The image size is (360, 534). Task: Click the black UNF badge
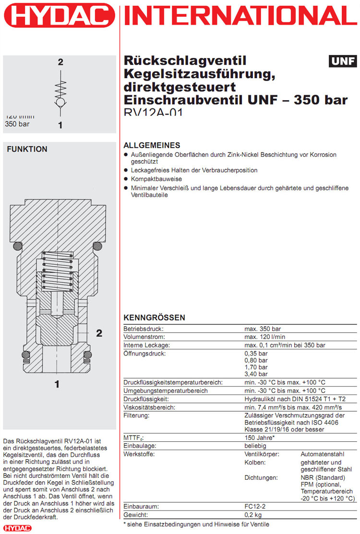click(x=343, y=61)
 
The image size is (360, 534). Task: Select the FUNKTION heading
click(x=27, y=149)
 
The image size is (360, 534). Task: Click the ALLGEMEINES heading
click(x=152, y=145)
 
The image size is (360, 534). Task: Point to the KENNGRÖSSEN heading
click(x=154, y=318)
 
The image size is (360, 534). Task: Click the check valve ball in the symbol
click(x=60, y=103)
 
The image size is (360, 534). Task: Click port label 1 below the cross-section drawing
click(x=57, y=384)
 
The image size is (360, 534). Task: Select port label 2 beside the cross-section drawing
click(x=99, y=333)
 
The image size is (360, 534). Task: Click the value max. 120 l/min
click(x=263, y=337)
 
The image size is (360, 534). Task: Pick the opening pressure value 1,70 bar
click(x=256, y=367)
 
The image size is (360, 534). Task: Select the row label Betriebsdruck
click(x=144, y=329)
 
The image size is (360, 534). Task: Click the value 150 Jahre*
click(x=260, y=438)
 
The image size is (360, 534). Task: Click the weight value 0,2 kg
click(x=254, y=514)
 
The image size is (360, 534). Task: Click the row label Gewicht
click(x=136, y=514)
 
